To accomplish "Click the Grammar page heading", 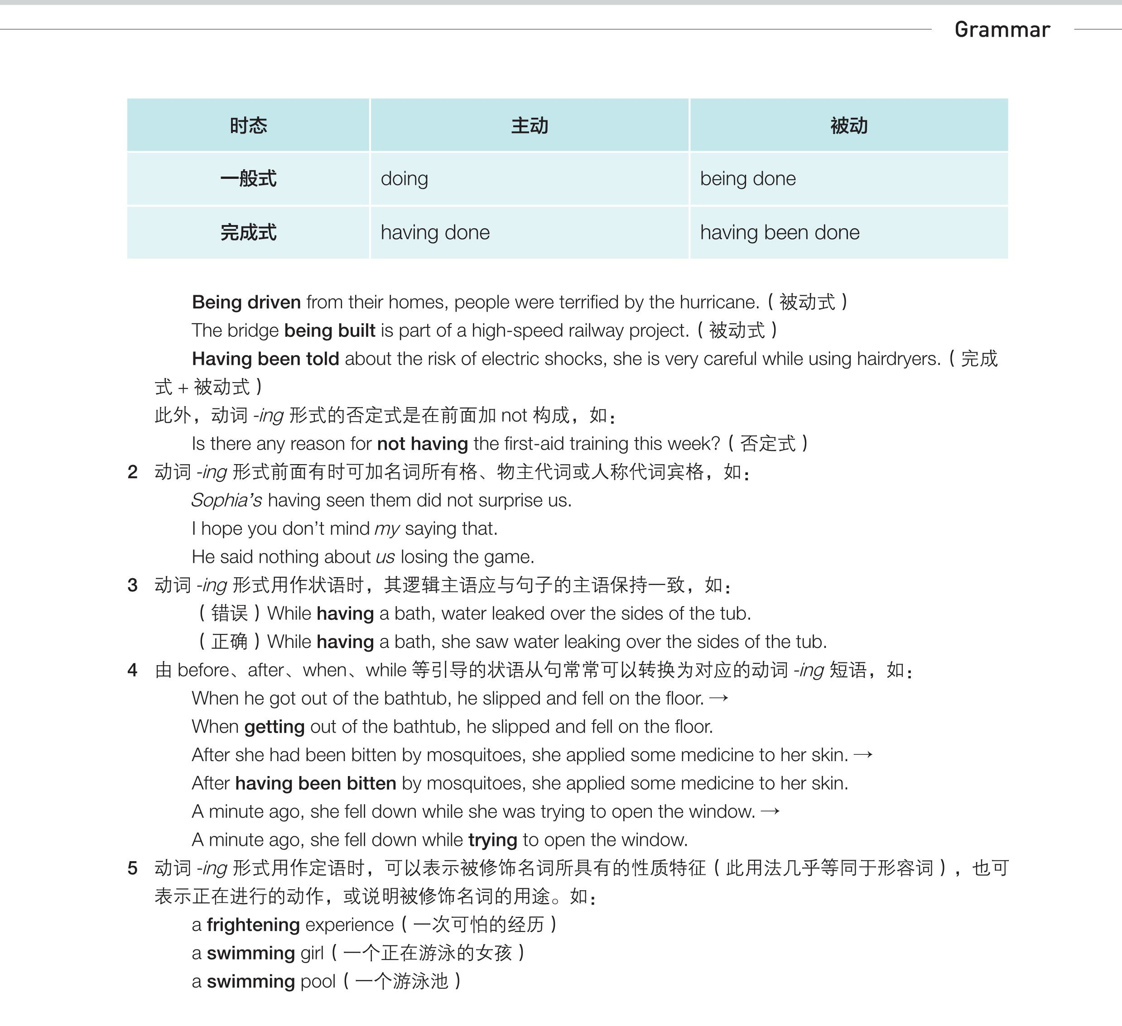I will click(1002, 29).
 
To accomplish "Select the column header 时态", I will click(248, 126).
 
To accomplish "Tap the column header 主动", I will click(529, 126).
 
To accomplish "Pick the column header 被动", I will click(849, 126).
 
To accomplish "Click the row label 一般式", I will click(248, 178).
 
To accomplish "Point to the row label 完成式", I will click(248, 233).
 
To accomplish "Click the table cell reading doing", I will click(404, 178).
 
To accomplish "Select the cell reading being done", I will click(747, 178).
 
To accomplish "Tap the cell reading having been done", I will click(779, 233).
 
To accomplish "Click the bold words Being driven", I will click(246, 302).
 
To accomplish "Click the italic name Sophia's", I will click(226, 500).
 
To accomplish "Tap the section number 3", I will click(132, 585).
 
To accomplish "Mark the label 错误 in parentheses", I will click(229, 613).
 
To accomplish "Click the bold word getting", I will click(274, 727).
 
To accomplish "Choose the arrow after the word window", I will click(770, 812).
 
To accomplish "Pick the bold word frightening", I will click(253, 925).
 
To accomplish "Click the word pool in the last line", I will click(318, 982).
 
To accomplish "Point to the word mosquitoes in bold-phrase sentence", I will click(463, 783).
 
